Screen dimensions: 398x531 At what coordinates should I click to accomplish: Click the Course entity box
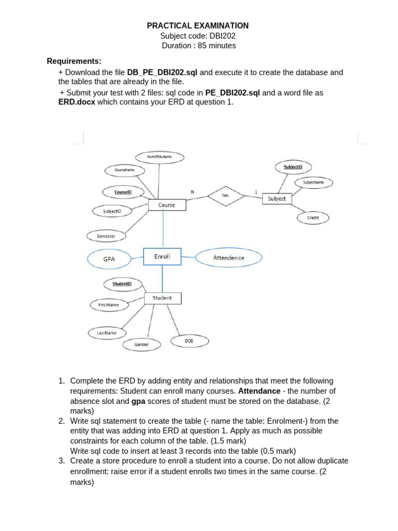point(167,205)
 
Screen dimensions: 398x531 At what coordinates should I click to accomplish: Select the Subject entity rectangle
point(277,199)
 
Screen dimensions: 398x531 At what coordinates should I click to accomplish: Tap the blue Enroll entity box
point(162,257)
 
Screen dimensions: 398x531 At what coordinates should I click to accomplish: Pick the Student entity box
point(162,298)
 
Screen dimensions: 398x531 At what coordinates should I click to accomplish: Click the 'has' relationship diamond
point(225,195)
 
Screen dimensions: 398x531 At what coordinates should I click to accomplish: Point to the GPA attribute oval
point(109,258)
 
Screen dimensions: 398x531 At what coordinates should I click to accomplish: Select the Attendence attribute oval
point(229,258)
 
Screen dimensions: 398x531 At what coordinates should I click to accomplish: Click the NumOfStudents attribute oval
point(159,156)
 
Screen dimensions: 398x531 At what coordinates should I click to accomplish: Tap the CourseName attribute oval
point(124,170)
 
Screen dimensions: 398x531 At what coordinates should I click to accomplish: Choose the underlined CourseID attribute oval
point(123,192)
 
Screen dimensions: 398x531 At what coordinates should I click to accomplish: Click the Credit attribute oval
point(313,218)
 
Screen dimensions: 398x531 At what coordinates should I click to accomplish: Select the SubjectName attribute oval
point(313,183)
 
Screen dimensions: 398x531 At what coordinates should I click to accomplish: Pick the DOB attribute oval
point(189,341)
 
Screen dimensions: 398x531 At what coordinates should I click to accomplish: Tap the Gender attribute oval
point(141,344)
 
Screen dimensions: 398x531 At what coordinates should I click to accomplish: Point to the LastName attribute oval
point(107,333)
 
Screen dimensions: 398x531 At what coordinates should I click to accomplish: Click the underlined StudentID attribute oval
point(122,284)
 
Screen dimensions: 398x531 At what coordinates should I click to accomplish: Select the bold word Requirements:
point(74,61)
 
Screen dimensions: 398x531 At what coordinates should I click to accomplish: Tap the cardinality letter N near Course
point(192,192)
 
